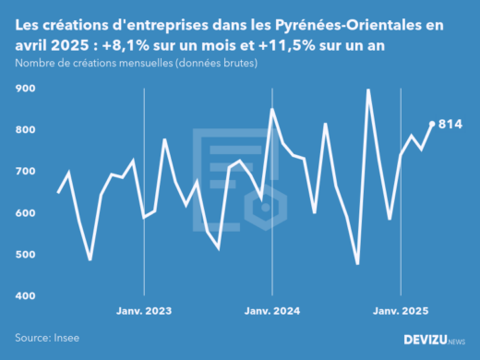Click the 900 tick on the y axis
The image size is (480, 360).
coord(25,89)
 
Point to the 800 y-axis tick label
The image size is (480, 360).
coord(25,130)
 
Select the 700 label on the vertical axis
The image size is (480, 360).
coord(25,172)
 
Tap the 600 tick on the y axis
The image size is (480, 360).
coord(25,213)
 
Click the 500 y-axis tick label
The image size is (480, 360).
coord(25,255)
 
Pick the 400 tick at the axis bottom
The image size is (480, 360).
coord(25,296)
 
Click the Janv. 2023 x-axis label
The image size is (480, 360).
coord(144,310)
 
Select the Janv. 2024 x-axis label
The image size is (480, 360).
coord(272,310)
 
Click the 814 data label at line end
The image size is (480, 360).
coord(450,124)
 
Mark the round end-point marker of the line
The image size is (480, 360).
coord(432,124)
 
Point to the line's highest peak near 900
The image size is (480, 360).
coord(368,90)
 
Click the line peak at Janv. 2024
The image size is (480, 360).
coord(272,109)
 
